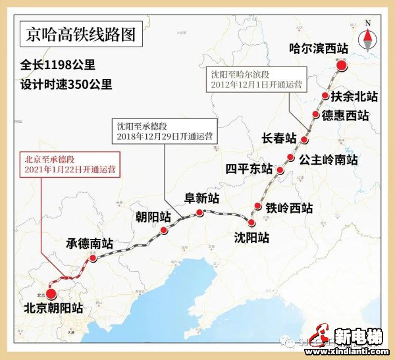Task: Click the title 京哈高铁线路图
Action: pos(80,35)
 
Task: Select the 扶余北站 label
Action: pos(354,96)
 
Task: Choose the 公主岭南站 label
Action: pos(328,159)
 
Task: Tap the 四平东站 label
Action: pos(249,169)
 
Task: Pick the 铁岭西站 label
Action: pos(289,208)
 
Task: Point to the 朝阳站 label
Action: pos(153,217)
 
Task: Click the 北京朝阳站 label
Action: pos(53,307)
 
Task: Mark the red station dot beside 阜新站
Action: pos(199,213)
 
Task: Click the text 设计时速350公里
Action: pos(66,84)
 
